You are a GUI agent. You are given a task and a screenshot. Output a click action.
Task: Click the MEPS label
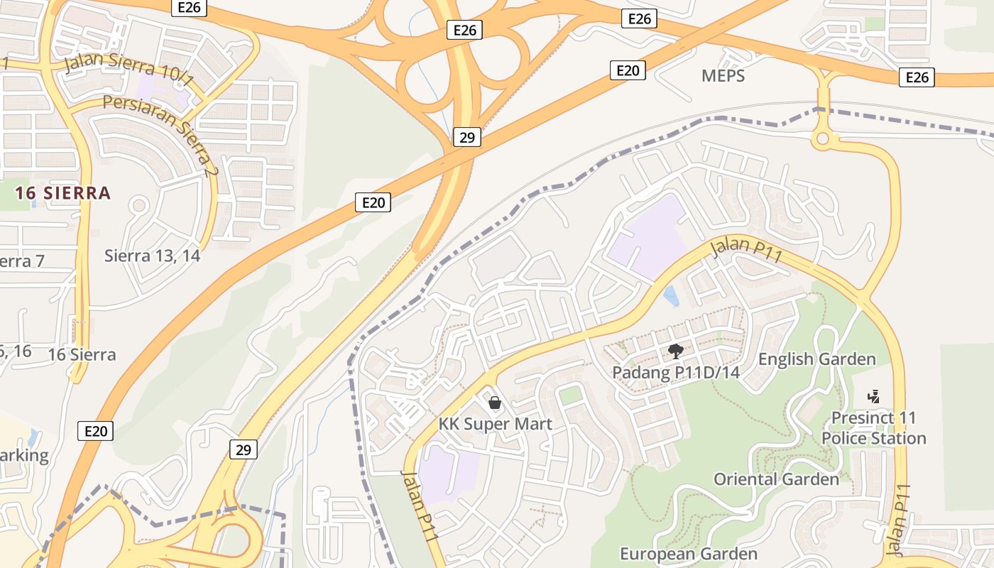tap(723, 76)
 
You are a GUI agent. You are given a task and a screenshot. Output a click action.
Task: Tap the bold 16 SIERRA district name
tap(63, 193)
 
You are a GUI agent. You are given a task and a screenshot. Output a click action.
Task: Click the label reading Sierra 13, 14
tap(152, 256)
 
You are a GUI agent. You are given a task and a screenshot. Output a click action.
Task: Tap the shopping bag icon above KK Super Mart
tap(495, 403)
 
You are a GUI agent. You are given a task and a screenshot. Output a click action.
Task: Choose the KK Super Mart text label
tap(495, 425)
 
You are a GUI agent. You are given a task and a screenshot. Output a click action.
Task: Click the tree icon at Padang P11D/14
tap(676, 350)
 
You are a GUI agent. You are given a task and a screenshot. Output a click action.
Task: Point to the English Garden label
tap(816, 359)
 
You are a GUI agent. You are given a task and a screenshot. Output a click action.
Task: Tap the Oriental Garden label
tap(776, 479)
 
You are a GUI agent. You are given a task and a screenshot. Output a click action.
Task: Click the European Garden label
tap(688, 554)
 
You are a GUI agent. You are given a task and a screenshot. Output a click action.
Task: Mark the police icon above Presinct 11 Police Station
tap(874, 396)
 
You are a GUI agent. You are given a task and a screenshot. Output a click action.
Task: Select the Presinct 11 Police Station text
tap(873, 428)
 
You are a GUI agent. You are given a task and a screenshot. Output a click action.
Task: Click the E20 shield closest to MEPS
tap(628, 70)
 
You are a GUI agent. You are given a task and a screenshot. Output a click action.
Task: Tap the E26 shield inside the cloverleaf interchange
tap(464, 30)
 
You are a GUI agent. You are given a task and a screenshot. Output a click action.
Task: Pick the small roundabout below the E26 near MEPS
tap(823, 139)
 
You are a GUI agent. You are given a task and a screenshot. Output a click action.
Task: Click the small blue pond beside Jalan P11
tap(671, 296)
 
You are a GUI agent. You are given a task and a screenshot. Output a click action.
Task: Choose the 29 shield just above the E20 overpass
tap(466, 137)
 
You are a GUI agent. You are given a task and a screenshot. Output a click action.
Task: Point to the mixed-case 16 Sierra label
tap(82, 355)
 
